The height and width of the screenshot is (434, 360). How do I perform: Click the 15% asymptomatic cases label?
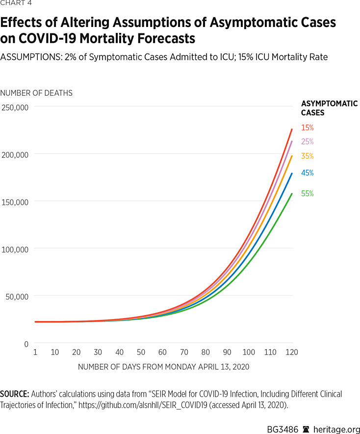click(x=307, y=128)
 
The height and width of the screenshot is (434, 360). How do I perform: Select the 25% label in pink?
click(x=307, y=142)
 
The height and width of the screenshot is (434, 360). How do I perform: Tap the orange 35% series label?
click(x=307, y=156)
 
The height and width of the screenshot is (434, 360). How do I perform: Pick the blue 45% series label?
click(x=307, y=173)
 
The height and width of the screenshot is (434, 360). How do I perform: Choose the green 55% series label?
click(x=307, y=193)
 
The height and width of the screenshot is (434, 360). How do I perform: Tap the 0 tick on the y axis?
click(x=26, y=344)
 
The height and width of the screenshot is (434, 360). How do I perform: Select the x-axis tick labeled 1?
click(x=35, y=353)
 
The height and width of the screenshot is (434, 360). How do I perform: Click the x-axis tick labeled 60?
click(x=163, y=353)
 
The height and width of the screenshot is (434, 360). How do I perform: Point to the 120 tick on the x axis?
click(x=292, y=353)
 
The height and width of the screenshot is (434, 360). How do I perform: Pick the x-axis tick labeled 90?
click(x=227, y=353)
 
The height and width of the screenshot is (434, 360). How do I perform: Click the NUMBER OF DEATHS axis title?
click(x=36, y=93)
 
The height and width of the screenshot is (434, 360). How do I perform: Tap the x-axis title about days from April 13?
click(x=164, y=366)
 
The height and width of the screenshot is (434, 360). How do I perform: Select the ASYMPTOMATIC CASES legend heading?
click(x=329, y=108)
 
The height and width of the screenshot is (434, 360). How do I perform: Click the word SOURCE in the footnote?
click(x=14, y=394)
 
